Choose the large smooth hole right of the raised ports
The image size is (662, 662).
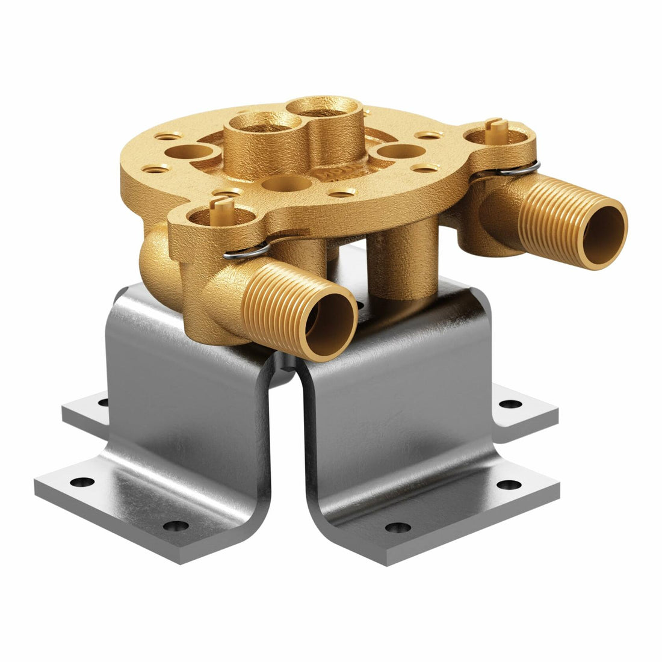[x=399, y=151]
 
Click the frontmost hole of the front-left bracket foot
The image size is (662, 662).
[x=175, y=526]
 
